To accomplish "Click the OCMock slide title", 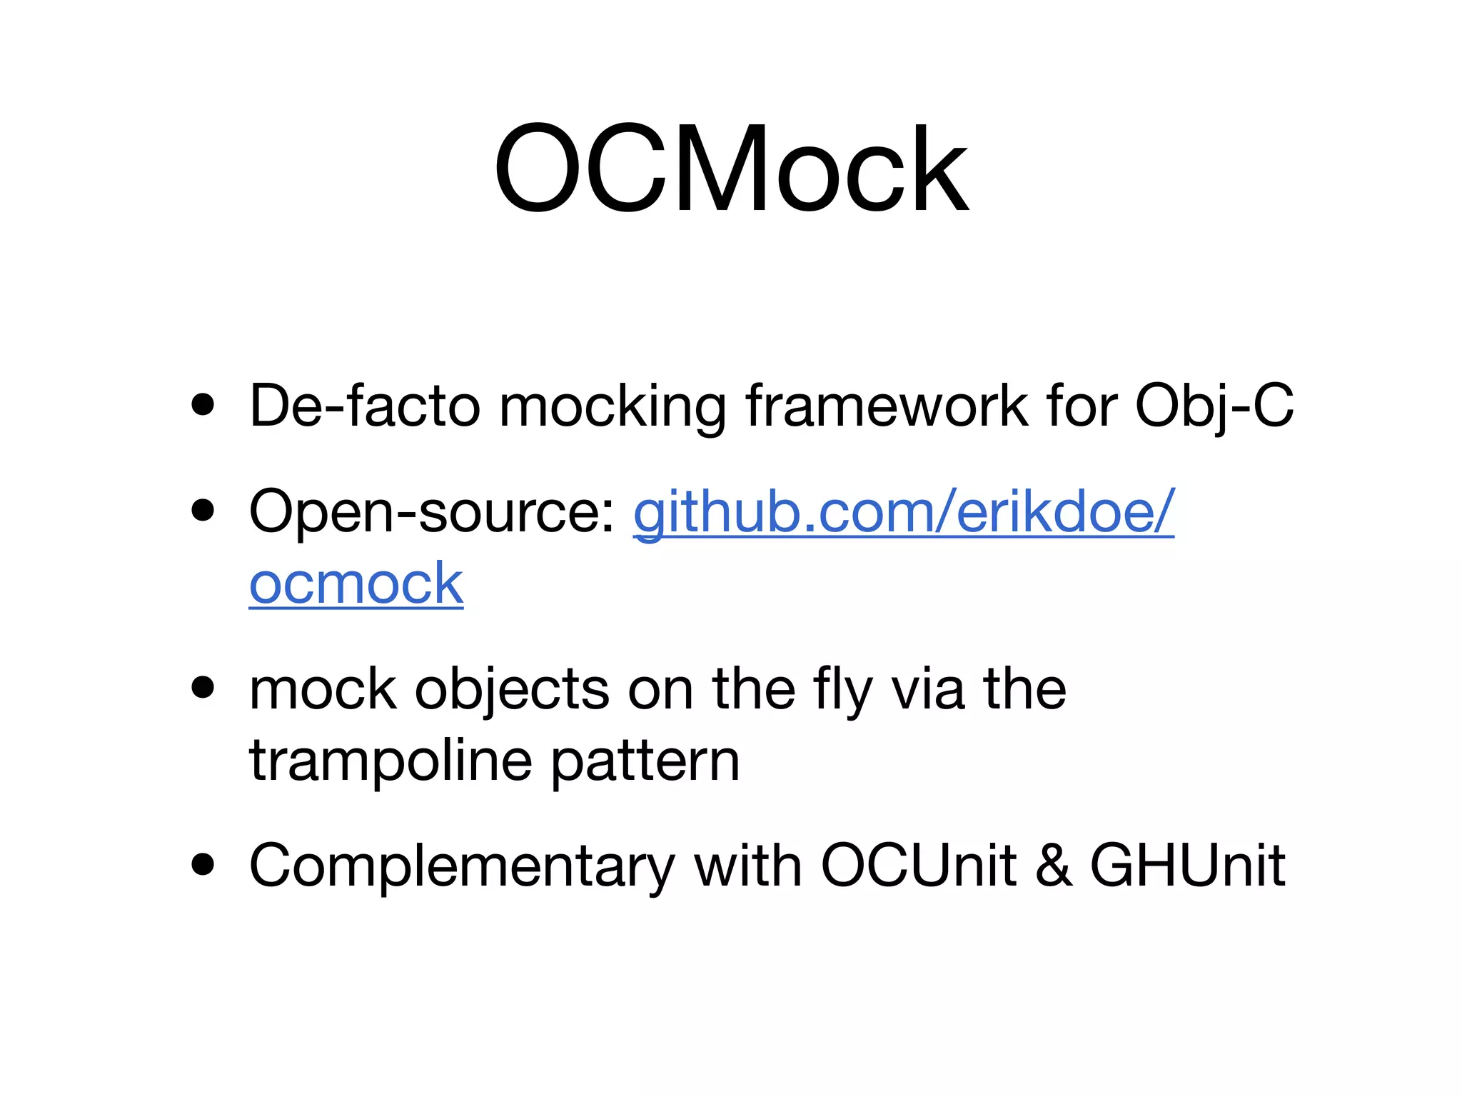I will coord(731,169).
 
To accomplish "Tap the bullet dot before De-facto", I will coord(203,405).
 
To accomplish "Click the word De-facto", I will coord(365,406).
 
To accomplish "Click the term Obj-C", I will coord(1214,406).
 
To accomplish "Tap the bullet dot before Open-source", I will coord(203,511).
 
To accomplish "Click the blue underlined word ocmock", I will coord(356,583).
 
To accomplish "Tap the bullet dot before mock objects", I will coord(203,688).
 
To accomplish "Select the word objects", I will coord(512,690).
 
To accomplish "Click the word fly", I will coord(842,690).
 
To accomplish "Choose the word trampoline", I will coord(390,761).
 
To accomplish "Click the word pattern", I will coord(645,761).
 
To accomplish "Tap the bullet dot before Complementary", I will coord(203,864).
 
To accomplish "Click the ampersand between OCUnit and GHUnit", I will coord(1054,865).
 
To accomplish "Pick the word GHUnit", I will coord(1187,865).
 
